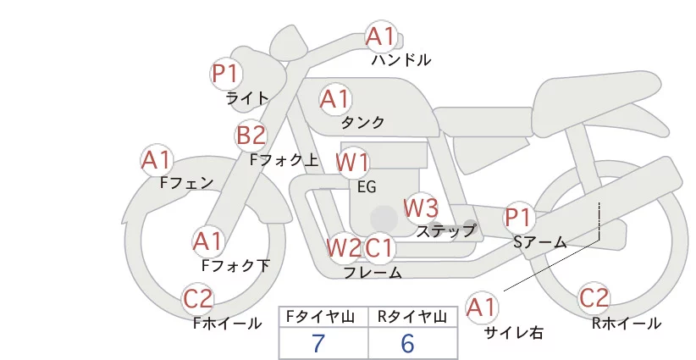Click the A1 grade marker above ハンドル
[381, 36]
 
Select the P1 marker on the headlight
[225, 74]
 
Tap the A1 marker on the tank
[335, 99]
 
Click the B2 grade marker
[251, 135]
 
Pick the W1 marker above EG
[352, 163]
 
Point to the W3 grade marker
[421, 208]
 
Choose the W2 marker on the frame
[344, 247]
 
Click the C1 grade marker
[379, 247]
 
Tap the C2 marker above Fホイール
[198, 299]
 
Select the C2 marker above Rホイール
[594, 298]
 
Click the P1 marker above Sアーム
[518, 218]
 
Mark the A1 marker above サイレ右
[482, 307]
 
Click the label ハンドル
[401, 60]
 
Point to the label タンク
[362, 123]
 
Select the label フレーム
[373, 273]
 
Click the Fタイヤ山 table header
[320, 317]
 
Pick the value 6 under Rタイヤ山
[408, 343]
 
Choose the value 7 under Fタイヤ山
[318, 343]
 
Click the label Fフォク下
[235, 265]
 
